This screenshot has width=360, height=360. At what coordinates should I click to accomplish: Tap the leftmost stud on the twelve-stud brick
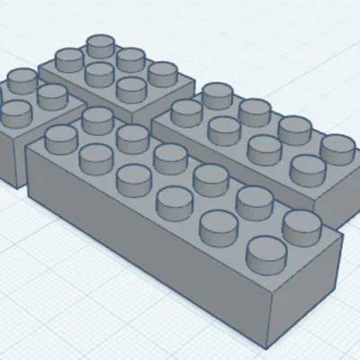[61, 138]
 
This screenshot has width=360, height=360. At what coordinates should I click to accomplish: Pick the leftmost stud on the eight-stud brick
[187, 112]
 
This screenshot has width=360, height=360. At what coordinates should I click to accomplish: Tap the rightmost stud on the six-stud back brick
[162, 72]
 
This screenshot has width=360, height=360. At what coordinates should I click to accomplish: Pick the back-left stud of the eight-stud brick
[218, 93]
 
